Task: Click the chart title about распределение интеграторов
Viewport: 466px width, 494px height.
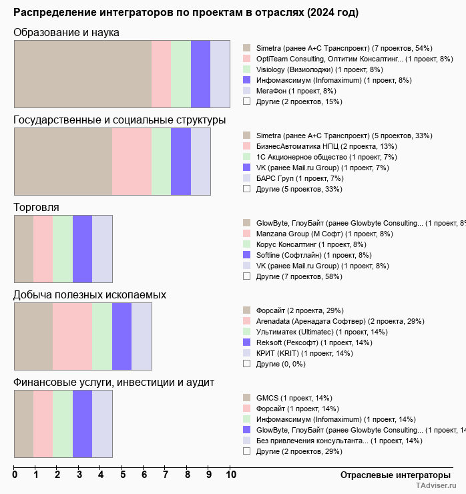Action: [x=186, y=13]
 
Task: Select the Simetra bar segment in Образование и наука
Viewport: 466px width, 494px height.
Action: [x=83, y=73]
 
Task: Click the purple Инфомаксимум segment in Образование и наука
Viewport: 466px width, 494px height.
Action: [x=200, y=73]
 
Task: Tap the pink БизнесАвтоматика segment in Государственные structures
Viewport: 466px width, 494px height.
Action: [x=132, y=161]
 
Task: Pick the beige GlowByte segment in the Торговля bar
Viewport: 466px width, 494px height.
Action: [x=23, y=248]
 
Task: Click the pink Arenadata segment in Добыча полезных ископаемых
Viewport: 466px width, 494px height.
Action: [x=72, y=336]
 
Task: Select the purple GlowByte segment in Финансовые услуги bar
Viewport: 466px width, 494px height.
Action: [x=82, y=423]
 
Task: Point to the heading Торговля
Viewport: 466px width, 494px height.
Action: [x=36, y=208]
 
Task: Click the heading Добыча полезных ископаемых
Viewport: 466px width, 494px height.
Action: [x=89, y=295]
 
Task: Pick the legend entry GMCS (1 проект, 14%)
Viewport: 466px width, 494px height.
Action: [x=294, y=398]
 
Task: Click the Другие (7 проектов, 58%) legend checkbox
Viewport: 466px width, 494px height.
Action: [x=247, y=276]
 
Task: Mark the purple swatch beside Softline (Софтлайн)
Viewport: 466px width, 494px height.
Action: [x=247, y=255]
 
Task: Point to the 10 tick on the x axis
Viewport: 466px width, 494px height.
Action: [x=231, y=475]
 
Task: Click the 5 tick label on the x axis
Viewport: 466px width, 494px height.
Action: [x=123, y=475]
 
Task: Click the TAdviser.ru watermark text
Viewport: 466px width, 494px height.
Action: [x=437, y=487]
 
